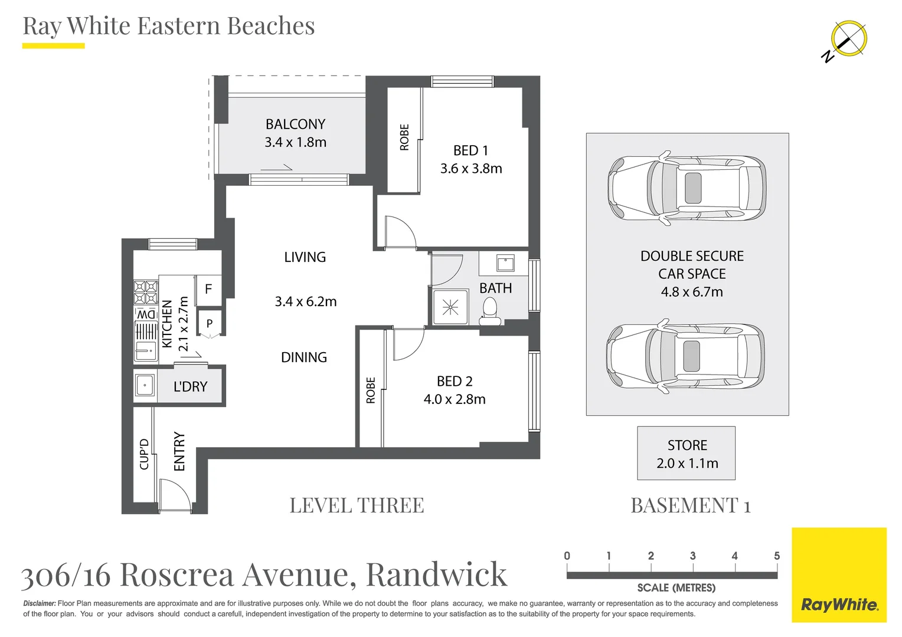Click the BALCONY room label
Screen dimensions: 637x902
click(295, 124)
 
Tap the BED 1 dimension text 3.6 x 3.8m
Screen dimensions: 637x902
click(470, 169)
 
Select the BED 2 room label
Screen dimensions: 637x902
click(455, 382)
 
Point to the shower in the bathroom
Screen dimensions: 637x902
click(450, 307)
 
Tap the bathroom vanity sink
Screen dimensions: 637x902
click(505, 262)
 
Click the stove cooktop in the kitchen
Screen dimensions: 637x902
click(145, 293)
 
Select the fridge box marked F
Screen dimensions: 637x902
click(208, 289)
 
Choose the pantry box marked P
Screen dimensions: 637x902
click(209, 323)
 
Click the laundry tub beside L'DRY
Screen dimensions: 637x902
click(145, 386)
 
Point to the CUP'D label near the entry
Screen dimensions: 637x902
click(144, 454)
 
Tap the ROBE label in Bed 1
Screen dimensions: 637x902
click(404, 137)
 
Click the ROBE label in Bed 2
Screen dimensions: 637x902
click(371, 390)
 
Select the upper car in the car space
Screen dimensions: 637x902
click(687, 188)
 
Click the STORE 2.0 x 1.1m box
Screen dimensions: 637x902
click(687, 454)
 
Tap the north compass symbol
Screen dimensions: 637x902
click(848, 40)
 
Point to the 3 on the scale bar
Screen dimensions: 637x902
click(692, 556)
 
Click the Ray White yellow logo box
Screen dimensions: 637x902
click(839, 575)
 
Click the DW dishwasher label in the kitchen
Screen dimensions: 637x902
click(146, 314)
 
